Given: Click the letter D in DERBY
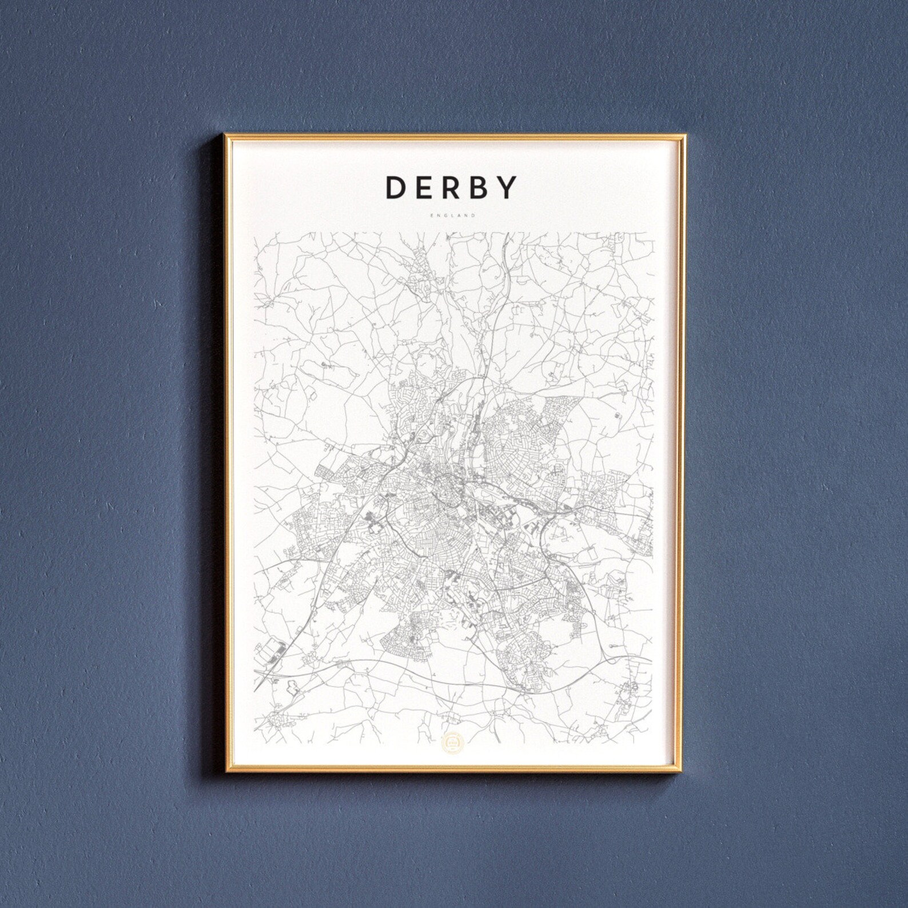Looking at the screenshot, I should click(397, 188).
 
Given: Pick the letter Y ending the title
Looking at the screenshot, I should click(508, 188).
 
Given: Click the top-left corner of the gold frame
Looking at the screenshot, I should click(225, 136).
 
